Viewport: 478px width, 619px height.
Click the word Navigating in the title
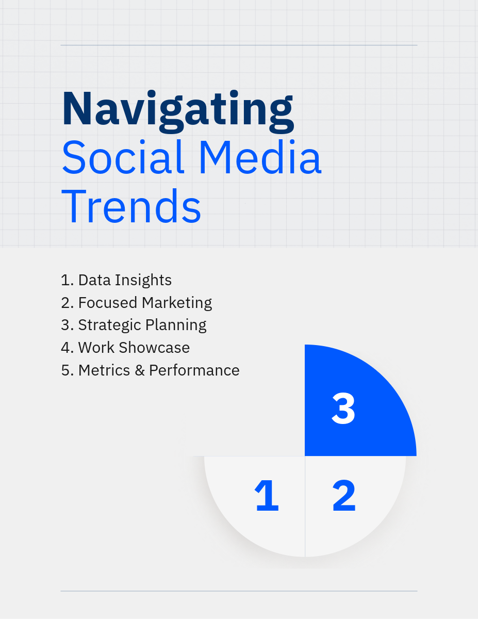point(178,111)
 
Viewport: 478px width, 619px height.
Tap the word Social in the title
point(123,157)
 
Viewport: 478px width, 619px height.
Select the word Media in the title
point(261,157)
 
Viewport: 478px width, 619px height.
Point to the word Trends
point(131,206)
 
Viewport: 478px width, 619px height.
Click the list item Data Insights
point(116,280)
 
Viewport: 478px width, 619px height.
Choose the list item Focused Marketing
point(136,302)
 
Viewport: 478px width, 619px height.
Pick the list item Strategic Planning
point(134,325)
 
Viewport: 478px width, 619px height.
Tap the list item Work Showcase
point(125,348)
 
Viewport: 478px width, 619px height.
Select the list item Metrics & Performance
point(150,370)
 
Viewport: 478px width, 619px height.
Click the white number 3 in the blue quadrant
point(343,409)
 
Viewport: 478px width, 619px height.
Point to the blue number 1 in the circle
point(267,495)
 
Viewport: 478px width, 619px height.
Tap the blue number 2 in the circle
point(344,495)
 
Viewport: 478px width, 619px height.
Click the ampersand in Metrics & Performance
point(140,370)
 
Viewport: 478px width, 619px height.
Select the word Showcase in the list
point(154,348)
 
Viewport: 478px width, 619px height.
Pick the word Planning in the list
point(176,325)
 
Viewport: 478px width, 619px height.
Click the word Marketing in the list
point(177,302)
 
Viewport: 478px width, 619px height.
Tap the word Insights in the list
point(143,280)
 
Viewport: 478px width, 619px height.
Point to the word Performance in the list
point(194,370)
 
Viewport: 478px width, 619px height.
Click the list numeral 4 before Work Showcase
point(66,348)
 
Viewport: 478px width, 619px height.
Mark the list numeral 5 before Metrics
point(66,370)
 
